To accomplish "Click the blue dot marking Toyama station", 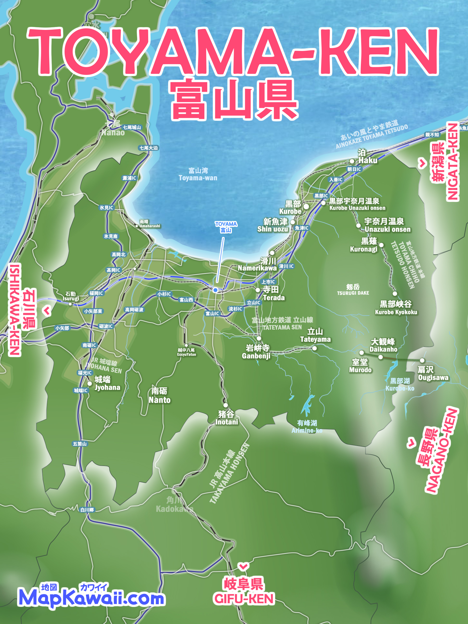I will (215, 290).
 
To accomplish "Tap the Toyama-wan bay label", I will (198, 174).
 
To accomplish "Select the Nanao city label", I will (113, 132).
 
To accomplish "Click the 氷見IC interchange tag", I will (106, 208).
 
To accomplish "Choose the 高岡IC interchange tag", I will (113, 270).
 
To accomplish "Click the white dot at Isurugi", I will (70, 304).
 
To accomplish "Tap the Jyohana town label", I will (107, 387).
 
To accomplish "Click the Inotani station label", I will (226, 422).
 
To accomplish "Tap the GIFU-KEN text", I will (244, 599).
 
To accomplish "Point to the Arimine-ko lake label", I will (307, 430).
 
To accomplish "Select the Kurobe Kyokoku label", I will (396, 312).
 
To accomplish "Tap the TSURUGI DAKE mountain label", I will (353, 293).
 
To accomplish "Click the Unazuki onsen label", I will (387, 229).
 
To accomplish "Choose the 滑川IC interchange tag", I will (286, 266).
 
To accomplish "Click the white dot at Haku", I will (352, 161).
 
